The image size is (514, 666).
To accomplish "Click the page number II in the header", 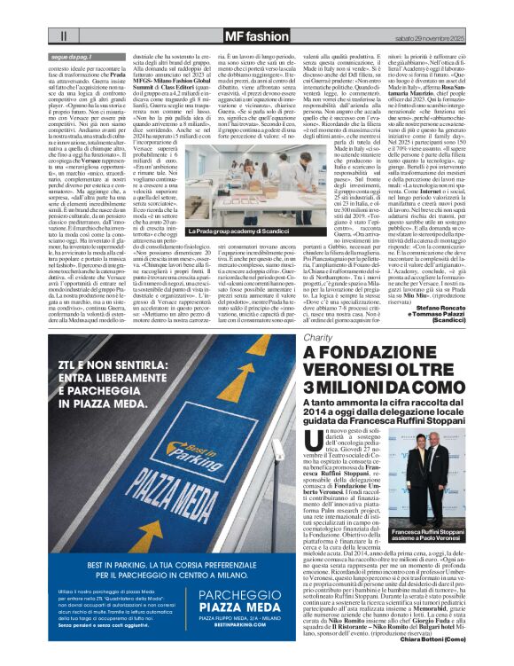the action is (x=65, y=36).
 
